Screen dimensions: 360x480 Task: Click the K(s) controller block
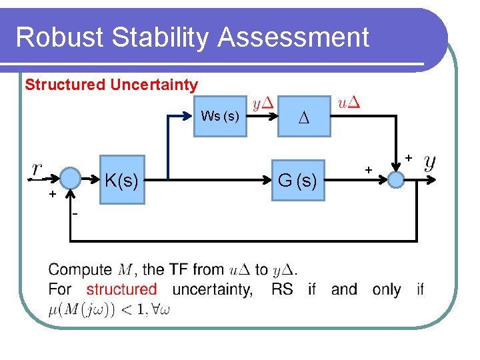[122, 179]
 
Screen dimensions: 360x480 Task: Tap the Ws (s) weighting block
[220, 116]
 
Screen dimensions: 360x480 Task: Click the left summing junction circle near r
[70, 179]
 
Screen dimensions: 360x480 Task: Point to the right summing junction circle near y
[397, 179]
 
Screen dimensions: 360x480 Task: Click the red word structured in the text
[122, 289]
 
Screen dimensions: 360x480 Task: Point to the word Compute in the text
[80, 270]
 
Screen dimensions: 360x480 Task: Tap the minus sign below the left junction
[75, 214]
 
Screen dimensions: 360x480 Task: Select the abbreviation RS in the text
[282, 289]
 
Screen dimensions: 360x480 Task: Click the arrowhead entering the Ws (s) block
[189, 116]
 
